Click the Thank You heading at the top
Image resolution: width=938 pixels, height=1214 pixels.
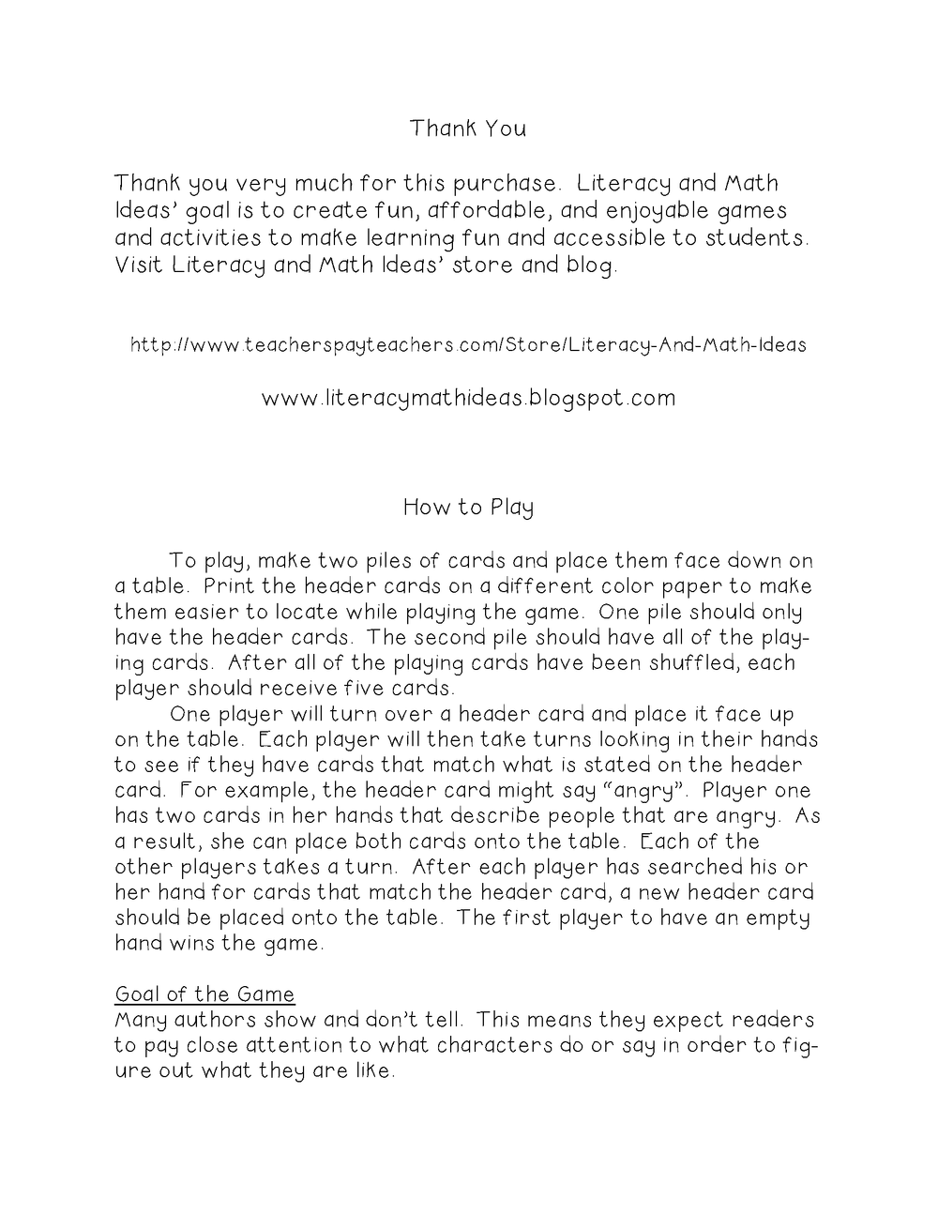click(x=468, y=129)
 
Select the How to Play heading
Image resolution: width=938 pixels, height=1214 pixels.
click(x=468, y=508)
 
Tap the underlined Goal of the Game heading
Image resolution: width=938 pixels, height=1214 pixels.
click(x=204, y=994)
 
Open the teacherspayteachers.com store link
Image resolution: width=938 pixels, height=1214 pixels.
click(x=468, y=345)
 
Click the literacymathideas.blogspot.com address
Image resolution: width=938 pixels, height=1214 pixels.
click(x=468, y=398)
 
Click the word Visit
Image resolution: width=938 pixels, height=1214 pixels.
click(x=139, y=266)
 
